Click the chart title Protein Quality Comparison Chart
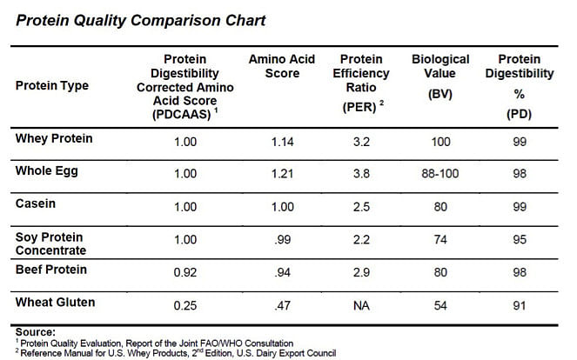[x=141, y=21]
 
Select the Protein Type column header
[x=52, y=86]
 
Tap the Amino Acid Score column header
[x=282, y=66]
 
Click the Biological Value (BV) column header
[x=440, y=77]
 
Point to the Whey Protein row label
[x=54, y=138]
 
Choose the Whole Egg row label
[x=46, y=171]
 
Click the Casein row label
[x=36, y=203]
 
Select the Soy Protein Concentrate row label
[x=50, y=243]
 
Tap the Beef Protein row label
[x=51, y=270]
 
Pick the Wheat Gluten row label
[x=55, y=303]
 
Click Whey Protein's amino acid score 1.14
[x=282, y=142]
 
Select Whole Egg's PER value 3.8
[x=361, y=174]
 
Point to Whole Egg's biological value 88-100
[x=440, y=174]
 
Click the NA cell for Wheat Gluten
[x=361, y=305]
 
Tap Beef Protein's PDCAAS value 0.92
[x=185, y=272]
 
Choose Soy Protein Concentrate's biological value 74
[x=440, y=240]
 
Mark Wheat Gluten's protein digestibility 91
[x=520, y=305]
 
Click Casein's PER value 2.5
[x=361, y=207]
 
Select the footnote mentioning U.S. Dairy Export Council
[x=176, y=353]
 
